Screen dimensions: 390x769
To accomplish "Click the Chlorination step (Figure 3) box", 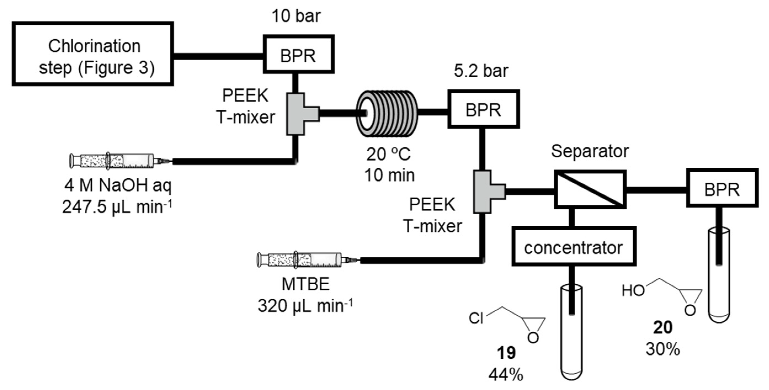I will pyautogui.click(x=93, y=54).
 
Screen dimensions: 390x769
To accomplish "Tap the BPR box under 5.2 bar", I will pyautogui.click(x=483, y=109).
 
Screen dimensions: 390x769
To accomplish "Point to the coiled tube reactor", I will pyautogui.click(x=388, y=113).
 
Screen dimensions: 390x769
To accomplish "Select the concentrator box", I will pyautogui.click(x=573, y=246).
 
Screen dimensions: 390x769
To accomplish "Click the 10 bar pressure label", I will pyautogui.click(x=296, y=16).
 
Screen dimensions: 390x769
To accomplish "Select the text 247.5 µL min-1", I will pyautogui.click(x=117, y=207).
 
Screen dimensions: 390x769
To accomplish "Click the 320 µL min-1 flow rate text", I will pyautogui.click(x=305, y=306).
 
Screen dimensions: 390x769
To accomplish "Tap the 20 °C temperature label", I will pyautogui.click(x=388, y=154).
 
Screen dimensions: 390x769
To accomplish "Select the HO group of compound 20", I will pyautogui.click(x=633, y=290).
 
